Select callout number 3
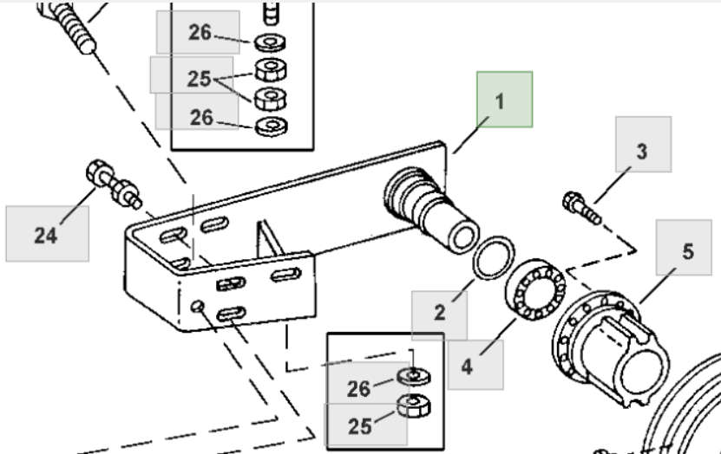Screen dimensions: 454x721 pyautogui.click(x=641, y=152)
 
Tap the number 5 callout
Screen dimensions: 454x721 pyautogui.click(x=687, y=252)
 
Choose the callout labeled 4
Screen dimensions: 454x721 pyautogui.click(x=468, y=366)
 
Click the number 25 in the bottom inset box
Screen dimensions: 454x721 pyautogui.click(x=358, y=425)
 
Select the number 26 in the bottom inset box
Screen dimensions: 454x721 pyautogui.click(x=359, y=389)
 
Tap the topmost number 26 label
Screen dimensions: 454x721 pyautogui.click(x=200, y=32)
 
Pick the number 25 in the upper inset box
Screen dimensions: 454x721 pyautogui.click(x=199, y=78)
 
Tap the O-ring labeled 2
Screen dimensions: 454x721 pyautogui.click(x=492, y=257)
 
